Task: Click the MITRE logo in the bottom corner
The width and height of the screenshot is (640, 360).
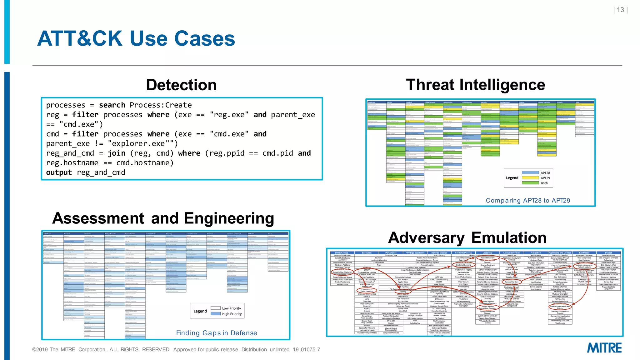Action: coord(604,348)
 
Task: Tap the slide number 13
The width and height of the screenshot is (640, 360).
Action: coord(620,10)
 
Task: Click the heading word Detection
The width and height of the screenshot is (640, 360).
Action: coord(181,85)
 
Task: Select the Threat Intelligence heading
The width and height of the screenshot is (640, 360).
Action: coord(475,85)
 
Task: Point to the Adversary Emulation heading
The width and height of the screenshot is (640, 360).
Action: coord(467,238)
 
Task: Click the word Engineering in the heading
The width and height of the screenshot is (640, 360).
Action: coord(229,218)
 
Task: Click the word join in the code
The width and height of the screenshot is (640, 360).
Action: coord(117,153)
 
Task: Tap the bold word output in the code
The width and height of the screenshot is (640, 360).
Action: coord(59,172)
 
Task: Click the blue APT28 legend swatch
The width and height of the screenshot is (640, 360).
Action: coord(530,173)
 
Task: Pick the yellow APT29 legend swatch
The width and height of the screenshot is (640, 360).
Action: coord(530,178)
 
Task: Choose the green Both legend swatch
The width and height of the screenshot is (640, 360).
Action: coord(530,183)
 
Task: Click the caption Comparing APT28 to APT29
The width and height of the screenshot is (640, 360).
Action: coord(528,201)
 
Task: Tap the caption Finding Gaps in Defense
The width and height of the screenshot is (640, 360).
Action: coord(217,333)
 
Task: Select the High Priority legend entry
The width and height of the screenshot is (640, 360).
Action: coord(232,314)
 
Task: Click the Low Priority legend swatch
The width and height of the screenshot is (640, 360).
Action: coord(216,308)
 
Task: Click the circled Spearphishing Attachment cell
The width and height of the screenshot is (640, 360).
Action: coord(342,272)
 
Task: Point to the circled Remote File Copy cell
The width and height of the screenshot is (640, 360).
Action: coord(512,282)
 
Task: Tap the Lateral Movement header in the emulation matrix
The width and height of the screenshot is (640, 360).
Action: coord(512,253)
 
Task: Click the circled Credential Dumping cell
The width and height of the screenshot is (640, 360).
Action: coord(463,265)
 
